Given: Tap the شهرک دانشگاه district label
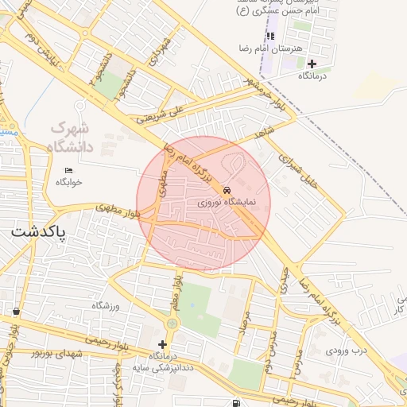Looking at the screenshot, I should pyautogui.click(x=71, y=136).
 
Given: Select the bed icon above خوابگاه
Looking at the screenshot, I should pyautogui.click(x=68, y=170).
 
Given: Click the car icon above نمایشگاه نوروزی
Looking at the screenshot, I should pyautogui.click(x=227, y=191).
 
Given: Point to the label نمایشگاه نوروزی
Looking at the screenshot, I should pyautogui.click(x=227, y=203).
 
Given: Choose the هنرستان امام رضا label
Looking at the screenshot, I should pyautogui.click(x=299, y=49).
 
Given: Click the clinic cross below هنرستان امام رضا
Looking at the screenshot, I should pyautogui.click(x=312, y=64).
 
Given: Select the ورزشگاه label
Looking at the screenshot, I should pyautogui.click(x=106, y=305).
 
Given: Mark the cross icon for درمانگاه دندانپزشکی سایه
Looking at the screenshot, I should pyautogui.click(x=163, y=344).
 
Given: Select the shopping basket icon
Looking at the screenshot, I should pyautogui.click(x=16, y=312).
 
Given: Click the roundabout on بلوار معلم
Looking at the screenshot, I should pyautogui.click(x=173, y=324).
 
